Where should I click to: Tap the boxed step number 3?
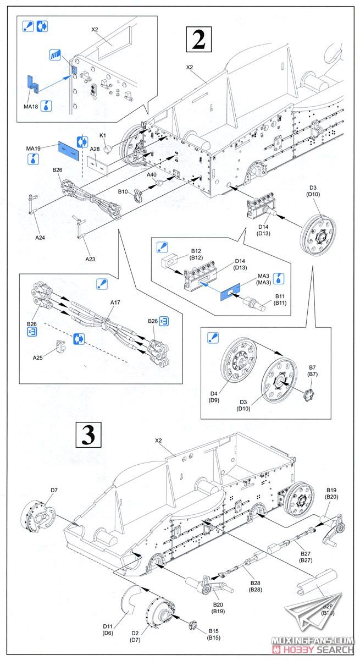click(x=88, y=435)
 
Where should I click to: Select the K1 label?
click(x=102, y=135)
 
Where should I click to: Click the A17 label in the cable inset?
click(x=115, y=302)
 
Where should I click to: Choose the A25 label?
click(x=37, y=357)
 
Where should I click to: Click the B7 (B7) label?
click(x=312, y=370)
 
